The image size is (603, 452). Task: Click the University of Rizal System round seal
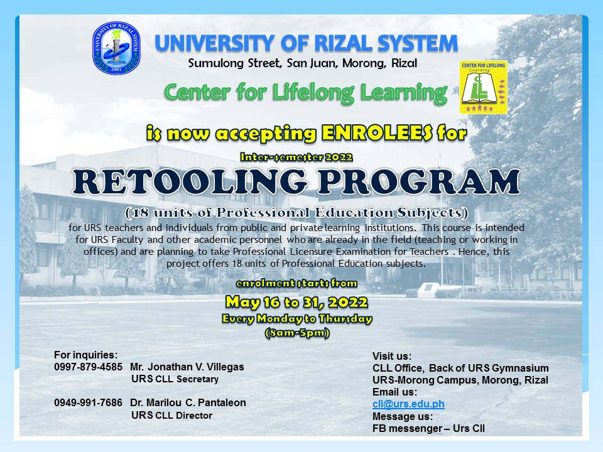coord(116,48)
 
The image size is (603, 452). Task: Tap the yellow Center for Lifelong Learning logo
coord(484,87)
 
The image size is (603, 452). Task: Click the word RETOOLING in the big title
coord(190,181)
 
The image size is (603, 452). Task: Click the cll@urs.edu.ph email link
coord(408,404)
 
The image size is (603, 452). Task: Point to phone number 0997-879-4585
coord(88,367)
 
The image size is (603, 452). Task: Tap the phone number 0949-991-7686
coord(88,402)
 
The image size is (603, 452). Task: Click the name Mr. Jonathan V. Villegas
coord(187,367)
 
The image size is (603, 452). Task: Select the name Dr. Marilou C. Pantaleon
coord(188,402)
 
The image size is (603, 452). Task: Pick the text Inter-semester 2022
coord(296,157)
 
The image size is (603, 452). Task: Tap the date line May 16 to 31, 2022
coord(296,303)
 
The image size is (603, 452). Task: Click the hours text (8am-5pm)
coord(297,333)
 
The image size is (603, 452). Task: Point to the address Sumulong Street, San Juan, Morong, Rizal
coord(303,63)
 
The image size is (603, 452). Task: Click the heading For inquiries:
coord(86,355)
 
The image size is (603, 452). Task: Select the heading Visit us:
coord(392,356)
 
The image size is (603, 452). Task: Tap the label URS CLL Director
coord(171,415)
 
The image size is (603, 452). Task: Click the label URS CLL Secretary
coord(175,379)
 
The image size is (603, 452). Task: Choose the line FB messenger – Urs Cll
coord(428,428)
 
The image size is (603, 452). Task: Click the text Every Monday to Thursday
coord(297,319)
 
